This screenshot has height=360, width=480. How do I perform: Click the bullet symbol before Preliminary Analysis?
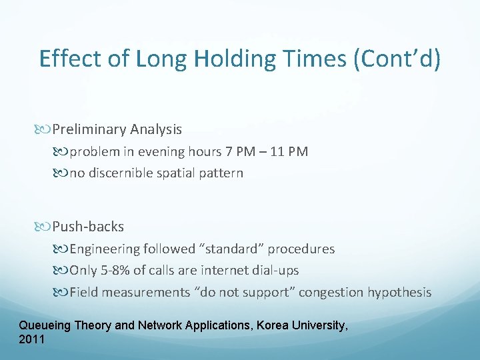pyautogui.click(x=45, y=129)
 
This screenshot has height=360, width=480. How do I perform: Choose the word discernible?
pyautogui.click(x=120, y=173)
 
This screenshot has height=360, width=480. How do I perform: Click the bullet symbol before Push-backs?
pyautogui.click(x=45, y=227)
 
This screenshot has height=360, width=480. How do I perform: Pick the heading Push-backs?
pyautogui.click(x=88, y=227)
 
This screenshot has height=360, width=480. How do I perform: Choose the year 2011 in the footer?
pyautogui.click(x=32, y=339)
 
